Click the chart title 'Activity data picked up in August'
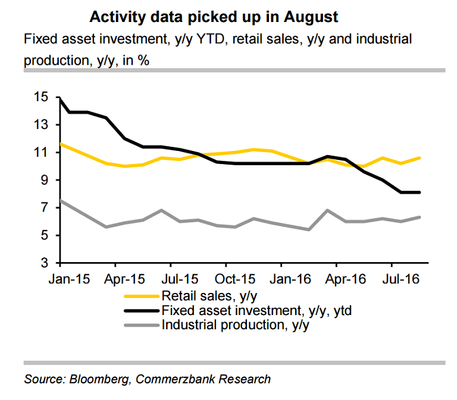214,17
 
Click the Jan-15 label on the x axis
60,279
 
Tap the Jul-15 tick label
171,279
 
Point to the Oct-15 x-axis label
226,279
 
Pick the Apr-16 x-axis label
336,279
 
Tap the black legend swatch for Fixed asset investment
142,310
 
